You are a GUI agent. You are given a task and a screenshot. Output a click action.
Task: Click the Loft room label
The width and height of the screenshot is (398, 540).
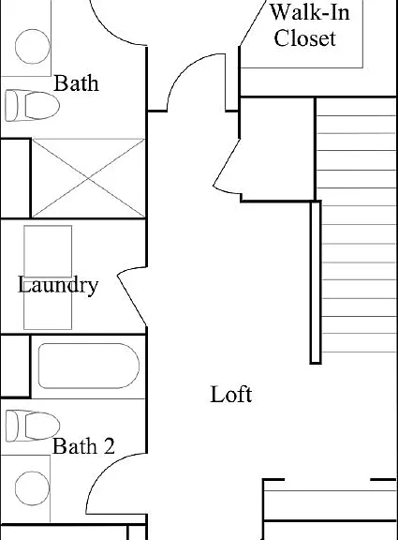pyautogui.click(x=231, y=395)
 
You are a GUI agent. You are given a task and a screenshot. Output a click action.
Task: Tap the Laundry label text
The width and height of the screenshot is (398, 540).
pyautogui.click(x=58, y=285)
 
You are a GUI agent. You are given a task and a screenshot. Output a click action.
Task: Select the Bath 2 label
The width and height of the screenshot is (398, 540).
pyautogui.click(x=83, y=446)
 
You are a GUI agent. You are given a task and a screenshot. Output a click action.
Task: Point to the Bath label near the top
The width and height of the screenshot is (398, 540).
pyautogui.click(x=76, y=83)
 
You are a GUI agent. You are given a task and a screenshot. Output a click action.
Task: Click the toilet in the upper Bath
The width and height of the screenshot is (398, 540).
pyautogui.click(x=33, y=106)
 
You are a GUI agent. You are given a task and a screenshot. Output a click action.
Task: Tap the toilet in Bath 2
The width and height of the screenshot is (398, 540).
pyautogui.click(x=33, y=426)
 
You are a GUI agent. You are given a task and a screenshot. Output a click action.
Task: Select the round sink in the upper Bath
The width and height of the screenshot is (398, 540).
pyautogui.click(x=33, y=47)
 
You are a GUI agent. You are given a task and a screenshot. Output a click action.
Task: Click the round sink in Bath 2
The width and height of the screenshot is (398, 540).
pyautogui.click(x=33, y=488)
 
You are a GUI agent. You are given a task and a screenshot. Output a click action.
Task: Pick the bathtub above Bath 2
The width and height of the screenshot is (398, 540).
pyautogui.click(x=89, y=366)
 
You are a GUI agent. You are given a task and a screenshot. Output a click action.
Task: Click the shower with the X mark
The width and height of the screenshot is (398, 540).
pyautogui.click(x=88, y=178)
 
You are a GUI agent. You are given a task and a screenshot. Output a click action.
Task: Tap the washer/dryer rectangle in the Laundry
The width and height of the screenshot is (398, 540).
pyautogui.click(x=48, y=277)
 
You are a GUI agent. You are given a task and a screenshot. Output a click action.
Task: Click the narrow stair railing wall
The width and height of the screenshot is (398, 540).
pyautogui.click(x=316, y=282)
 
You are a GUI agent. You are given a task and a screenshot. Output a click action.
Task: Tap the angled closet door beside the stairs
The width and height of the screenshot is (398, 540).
pyautogui.click(x=227, y=165)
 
